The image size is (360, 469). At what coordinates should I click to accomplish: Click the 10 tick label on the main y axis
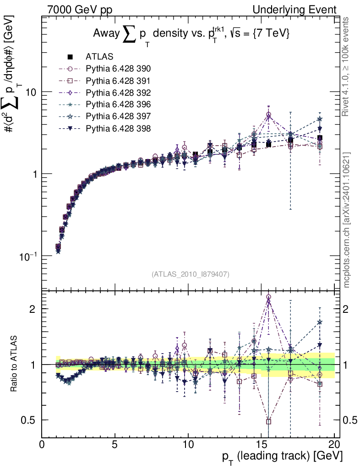coord(30,92)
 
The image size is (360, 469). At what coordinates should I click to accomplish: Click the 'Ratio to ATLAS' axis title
coord(15,364)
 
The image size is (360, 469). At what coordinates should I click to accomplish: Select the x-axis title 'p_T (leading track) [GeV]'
coord(282,457)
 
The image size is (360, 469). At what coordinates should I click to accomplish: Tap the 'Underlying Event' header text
coord(299,10)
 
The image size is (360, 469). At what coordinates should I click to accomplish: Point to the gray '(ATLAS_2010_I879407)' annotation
coord(191,274)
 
